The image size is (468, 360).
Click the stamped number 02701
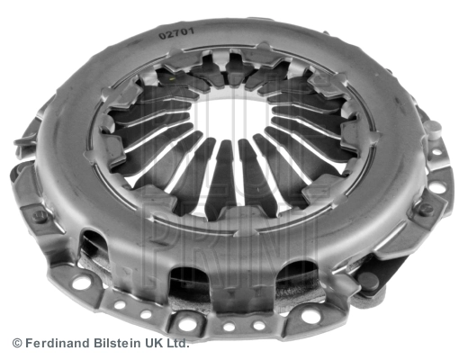(177, 33)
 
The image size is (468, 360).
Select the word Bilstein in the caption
(118, 343)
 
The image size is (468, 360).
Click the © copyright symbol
(17, 343)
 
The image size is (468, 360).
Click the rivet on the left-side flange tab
(40, 216)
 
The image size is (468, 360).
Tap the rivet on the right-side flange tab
(426, 209)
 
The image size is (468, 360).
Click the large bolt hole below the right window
(310, 315)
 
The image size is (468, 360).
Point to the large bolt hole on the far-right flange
(436, 186)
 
